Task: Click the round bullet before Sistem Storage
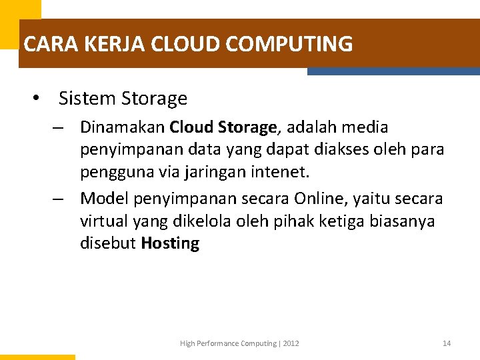[37, 99]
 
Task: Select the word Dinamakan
[123, 127]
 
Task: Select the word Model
[105, 198]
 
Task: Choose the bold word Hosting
[170, 243]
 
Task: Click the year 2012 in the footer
[291, 343]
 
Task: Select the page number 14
[447, 343]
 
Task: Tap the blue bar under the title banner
[393, 71]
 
